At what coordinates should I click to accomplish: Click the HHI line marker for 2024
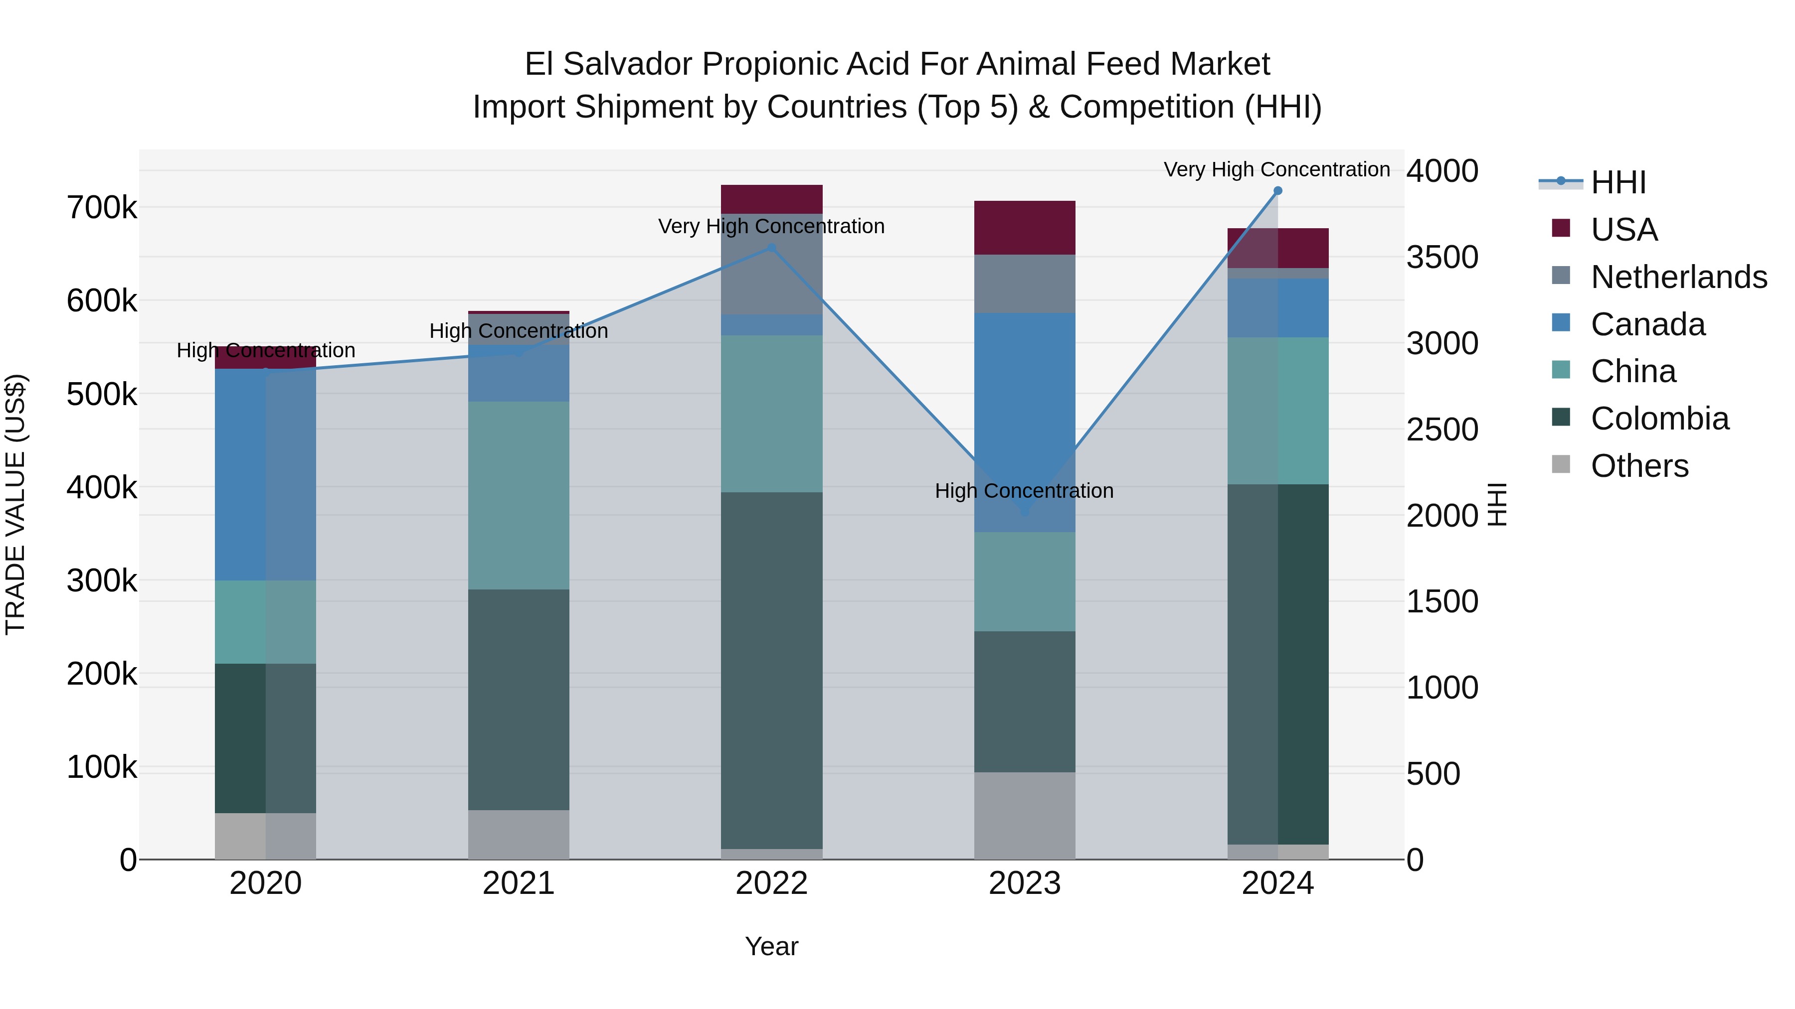pyautogui.click(x=1277, y=191)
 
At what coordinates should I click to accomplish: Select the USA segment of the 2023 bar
pyautogui.click(x=1024, y=228)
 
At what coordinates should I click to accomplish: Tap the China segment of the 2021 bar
pyautogui.click(x=519, y=495)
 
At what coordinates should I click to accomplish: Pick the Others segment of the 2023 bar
pyautogui.click(x=1024, y=815)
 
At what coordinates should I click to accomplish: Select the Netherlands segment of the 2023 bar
pyautogui.click(x=1024, y=284)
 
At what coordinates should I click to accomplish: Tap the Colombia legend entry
pyautogui.click(x=1659, y=419)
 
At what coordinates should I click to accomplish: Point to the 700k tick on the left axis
pyautogui.click(x=102, y=207)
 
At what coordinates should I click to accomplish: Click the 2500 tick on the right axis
pyautogui.click(x=1441, y=430)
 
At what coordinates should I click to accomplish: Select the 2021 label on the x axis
pyautogui.click(x=519, y=883)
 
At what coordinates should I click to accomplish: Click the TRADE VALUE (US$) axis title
pyautogui.click(x=16, y=504)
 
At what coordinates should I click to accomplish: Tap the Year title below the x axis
pyautogui.click(x=771, y=946)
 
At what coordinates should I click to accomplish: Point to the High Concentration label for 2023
pyautogui.click(x=1024, y=491)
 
